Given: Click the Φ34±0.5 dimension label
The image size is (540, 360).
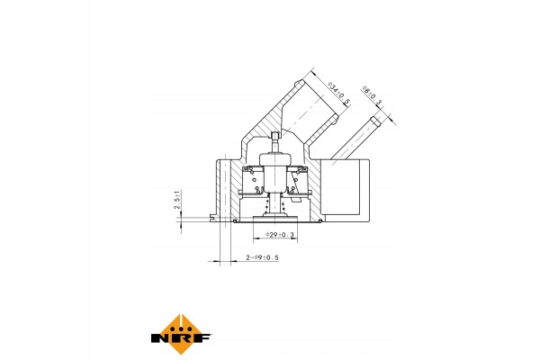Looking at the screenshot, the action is pyautogui.click(x=339, y=93).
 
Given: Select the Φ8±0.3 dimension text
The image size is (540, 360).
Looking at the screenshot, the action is pyautogui.click(x=373, y=96).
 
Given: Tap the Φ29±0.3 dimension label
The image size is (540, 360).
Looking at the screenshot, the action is pyautogui.click(x=279, y=235).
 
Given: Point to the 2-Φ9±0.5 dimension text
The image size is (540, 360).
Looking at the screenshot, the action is pyautogui.click(x=262, y=257).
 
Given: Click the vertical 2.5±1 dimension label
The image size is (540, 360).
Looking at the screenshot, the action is pyautogui.click(x=177, y=200).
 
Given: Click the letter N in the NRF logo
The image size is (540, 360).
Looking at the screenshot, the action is pyautogui.click(x=159, y=337).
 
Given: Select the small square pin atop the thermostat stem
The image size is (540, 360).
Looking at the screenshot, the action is pyautogui.click(x=274, y=135).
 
